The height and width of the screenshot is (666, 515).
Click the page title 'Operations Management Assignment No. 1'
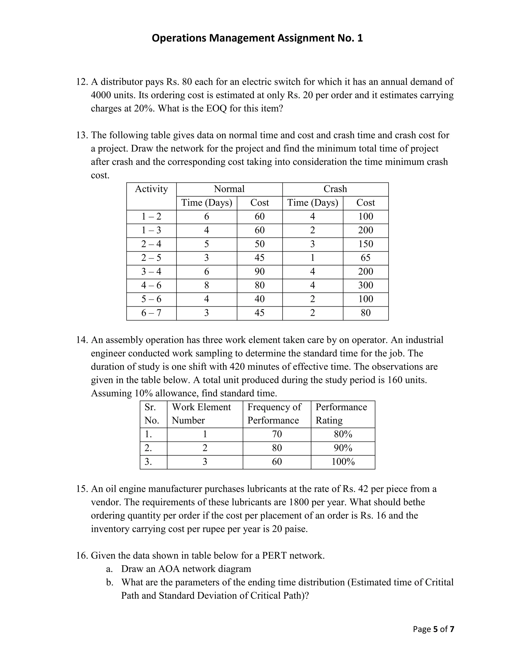[257, 38]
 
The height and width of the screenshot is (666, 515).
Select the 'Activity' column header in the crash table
[151, 189]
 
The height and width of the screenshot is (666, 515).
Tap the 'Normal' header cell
[229, 189]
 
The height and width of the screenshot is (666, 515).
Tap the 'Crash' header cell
[335, 189]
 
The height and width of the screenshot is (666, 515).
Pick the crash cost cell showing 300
[365, 286]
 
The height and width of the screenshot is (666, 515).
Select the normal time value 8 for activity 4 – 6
[206, 286]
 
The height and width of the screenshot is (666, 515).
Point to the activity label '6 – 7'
[151, 313]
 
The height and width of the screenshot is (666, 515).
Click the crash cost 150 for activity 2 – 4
[365, 244]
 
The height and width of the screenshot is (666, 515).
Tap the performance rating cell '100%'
[343, 462]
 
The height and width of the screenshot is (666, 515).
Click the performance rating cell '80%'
[343, 434]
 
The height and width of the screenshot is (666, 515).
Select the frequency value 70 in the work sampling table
[277, 434]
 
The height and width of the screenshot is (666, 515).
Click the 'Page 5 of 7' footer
[433, 629]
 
